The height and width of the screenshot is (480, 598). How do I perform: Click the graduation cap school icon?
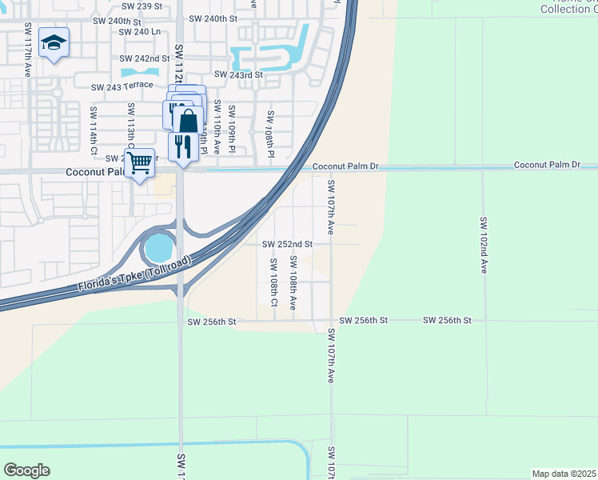click(54, 43)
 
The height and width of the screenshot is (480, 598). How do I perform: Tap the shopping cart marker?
click(140, 163)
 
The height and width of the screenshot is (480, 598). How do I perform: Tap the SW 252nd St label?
click(288, 244)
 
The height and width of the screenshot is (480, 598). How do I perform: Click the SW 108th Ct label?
click(273, 282)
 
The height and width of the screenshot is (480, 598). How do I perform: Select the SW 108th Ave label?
click(293, 282)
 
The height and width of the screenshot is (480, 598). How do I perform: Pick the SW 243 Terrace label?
click(122, 87)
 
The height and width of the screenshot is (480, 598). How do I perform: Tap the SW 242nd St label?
click(145, 59)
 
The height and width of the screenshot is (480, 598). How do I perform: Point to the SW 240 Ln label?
click(140, 32)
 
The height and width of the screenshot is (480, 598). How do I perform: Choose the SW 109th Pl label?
click(232, 130)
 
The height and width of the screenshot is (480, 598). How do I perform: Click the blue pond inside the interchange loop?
click(158, 247)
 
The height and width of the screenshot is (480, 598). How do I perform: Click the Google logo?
click(26, 470)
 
